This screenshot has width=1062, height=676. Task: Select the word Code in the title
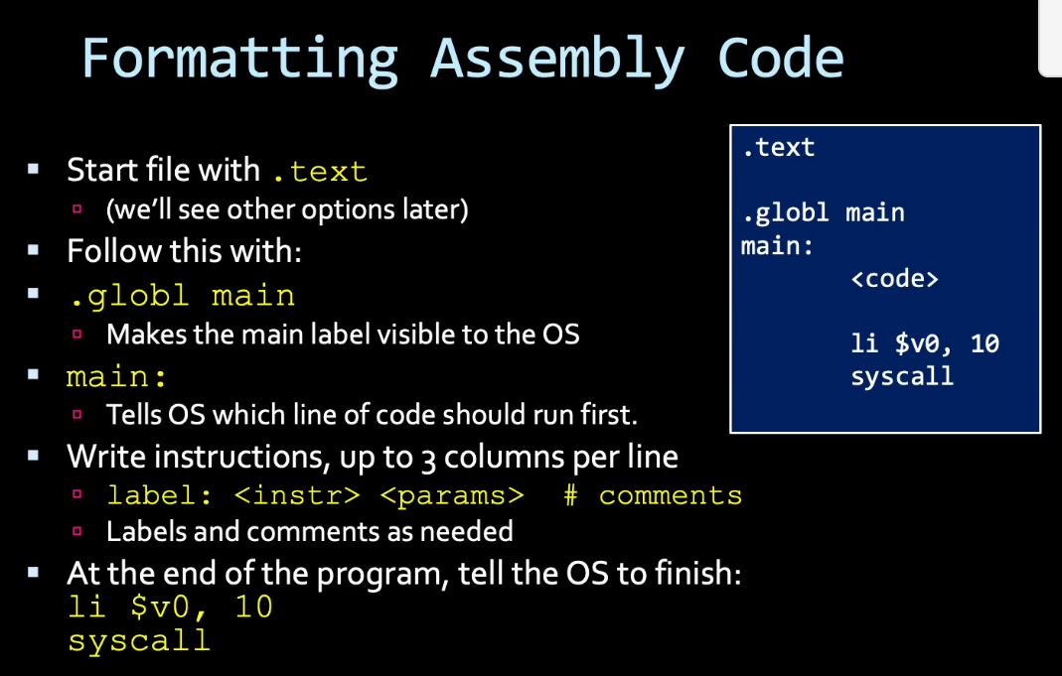click(780, 59)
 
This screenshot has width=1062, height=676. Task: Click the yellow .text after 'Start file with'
click(320, 172)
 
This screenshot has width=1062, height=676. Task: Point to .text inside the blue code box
click(778, 148)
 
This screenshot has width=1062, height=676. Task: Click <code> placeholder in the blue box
click(895, 278)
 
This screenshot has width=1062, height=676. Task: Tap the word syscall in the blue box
click(902, 376)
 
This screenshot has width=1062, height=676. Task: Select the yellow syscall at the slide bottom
click(139, 641)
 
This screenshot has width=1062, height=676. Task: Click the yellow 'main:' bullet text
click(116, 376)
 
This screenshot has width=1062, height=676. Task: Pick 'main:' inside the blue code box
click(777, 245)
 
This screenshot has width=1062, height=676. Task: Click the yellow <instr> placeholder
click(297, 495)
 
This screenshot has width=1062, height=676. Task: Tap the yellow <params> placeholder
click(452, 496)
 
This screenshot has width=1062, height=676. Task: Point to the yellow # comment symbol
click(571, 495)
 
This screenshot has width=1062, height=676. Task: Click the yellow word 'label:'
click(159, 495)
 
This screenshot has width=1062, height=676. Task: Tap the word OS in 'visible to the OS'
click(560, 335)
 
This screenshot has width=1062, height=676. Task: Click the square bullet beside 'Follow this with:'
click(33, 250)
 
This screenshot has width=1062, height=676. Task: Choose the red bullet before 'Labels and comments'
click(77, 531)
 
